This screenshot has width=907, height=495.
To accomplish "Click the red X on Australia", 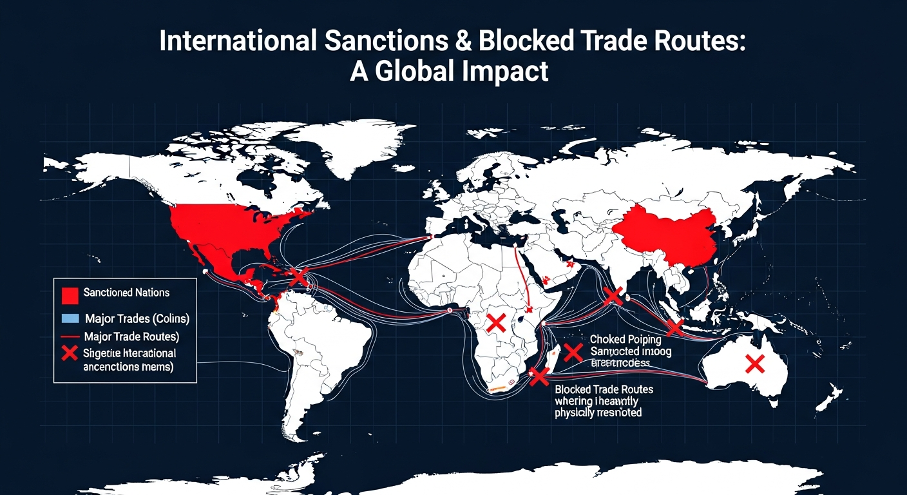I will point(754,365).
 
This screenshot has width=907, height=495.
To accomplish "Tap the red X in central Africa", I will point(495,323).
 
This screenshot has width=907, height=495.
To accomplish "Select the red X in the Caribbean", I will point(299,277).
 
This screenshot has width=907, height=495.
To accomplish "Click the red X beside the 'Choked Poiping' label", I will point(572,352).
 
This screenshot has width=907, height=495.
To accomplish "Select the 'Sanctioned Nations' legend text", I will point(126,293).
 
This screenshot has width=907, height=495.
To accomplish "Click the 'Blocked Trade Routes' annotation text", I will point(604,389).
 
